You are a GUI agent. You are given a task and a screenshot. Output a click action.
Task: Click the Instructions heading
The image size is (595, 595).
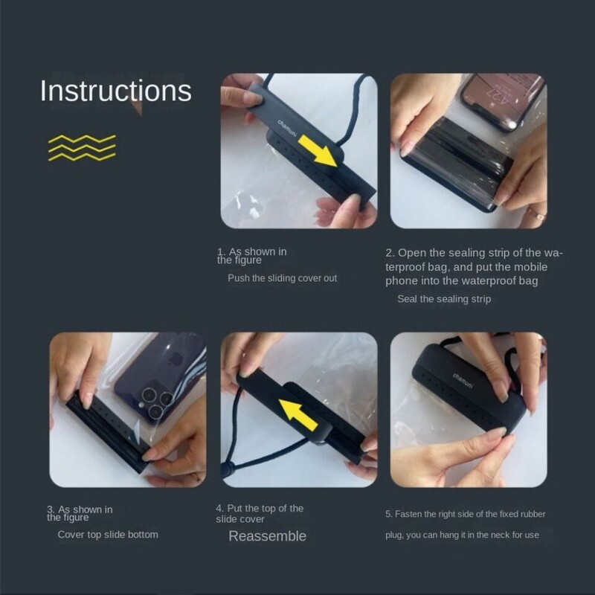(116, 91)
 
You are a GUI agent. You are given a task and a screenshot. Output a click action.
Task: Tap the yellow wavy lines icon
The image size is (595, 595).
(82, 147)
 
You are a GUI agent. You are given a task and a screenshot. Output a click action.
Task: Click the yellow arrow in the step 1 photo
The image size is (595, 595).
(318, 152)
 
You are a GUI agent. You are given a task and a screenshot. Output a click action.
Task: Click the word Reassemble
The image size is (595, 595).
(267, 535)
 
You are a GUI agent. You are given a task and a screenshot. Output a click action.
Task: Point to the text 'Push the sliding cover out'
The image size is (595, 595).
(282, 278)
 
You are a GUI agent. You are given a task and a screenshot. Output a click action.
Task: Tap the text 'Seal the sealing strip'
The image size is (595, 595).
(444, 299)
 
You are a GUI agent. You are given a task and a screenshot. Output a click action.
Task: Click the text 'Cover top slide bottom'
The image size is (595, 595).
(108, 535)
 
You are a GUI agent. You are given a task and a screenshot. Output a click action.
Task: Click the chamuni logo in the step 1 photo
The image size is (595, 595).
(287, 128)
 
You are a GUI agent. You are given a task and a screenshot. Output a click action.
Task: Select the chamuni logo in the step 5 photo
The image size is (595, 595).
(463, 381)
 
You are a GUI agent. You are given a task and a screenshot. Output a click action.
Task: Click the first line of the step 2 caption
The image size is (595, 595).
(475, 253)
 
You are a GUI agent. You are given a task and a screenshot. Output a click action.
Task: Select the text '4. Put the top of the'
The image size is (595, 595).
(260, 509)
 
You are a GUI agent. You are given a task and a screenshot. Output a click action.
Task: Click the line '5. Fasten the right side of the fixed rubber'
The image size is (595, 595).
(466, 514)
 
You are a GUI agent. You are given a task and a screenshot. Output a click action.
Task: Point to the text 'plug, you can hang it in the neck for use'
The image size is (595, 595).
(462, 535)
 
